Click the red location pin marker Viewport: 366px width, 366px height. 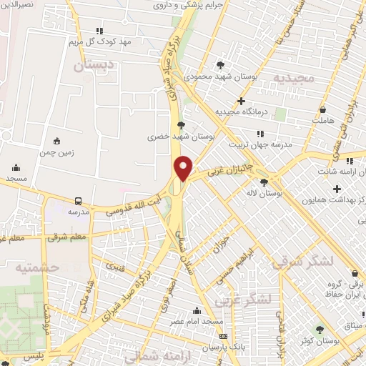pos(184,167)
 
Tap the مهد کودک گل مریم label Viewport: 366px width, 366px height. pos(105,41)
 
